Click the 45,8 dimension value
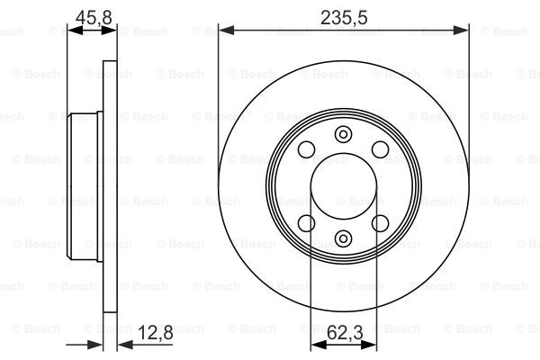click(x=94, y=17)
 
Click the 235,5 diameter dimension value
click(x=344, y=17)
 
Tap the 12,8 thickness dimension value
click(x=156, y=332)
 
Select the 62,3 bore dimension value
click(x=345, y=332)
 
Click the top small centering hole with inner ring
click(x=344, y=134)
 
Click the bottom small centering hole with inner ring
click(x=344, y=238)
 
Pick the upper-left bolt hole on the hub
click(x=307, y=149)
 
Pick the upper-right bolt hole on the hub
click(x=380, y=149)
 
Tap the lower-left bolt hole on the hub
click(x=307, y=223)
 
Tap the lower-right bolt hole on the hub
click(x=380, y=223)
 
